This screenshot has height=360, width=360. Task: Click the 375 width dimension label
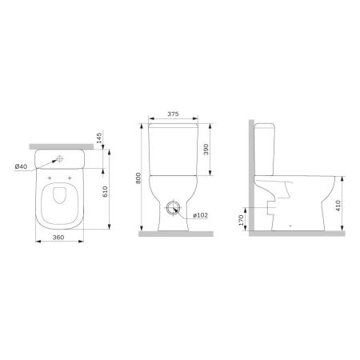[x=174, y=114]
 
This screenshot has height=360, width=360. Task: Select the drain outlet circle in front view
[x=174, y=210]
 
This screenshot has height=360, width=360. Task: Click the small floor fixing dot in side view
[x=289, y=226]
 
